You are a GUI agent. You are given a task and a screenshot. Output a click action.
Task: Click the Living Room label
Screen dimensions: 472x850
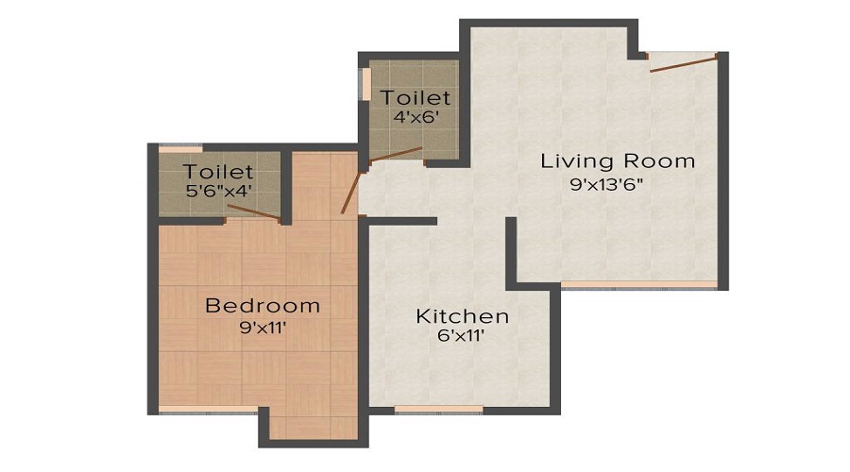[x=617, y=160]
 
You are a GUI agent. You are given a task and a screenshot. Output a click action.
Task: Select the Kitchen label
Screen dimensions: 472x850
[x=462, y=316]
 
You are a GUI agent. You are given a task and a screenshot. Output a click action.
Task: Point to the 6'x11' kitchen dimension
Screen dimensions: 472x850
[x=462, y=336]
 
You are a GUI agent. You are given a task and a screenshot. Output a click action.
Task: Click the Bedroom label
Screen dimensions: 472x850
[x=263, y=306]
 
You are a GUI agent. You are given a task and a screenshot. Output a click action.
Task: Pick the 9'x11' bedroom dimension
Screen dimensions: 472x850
[x=263, y=329]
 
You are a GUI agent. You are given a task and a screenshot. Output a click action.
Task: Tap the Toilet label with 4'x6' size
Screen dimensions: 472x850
[x=416, y=97]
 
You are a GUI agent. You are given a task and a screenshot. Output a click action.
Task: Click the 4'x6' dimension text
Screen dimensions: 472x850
[x=416, y=118]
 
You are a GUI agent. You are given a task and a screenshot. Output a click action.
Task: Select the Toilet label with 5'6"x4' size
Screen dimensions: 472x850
[x=218, y=172]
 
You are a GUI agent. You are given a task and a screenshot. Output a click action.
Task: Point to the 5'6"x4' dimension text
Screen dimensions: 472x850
[x=218, y=192]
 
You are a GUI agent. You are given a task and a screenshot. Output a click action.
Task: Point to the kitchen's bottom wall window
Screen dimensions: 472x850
[x=438, y=410]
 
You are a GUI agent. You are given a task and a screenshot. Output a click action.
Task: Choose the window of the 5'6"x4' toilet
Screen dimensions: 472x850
[x=179, y=148]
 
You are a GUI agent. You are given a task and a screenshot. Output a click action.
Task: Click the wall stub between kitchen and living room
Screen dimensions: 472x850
[x=511, y=253]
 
